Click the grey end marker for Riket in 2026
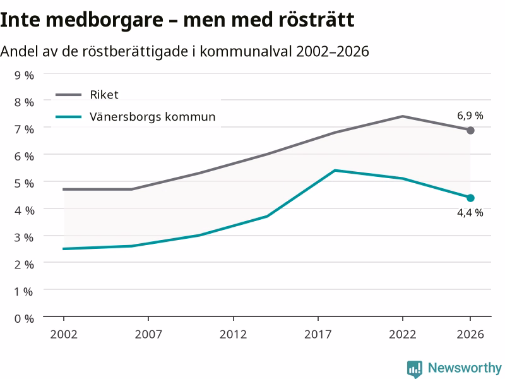(x=470, y=131)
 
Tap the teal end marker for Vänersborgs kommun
(x=470, y=198)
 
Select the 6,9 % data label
(x=470, y=116)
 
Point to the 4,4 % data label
(x=470, y=213)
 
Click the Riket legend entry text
(x=104, y=95)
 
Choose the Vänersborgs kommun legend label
(x=152, y=117)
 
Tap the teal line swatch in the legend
(x=69, y=117)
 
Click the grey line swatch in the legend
(x=69, y=95)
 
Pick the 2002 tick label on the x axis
(x=64, y=334)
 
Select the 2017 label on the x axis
(x=318, y=334)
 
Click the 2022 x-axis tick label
(x=403, y=334)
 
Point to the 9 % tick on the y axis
(x=24, y=75)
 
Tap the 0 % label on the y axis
(x=24, y=319)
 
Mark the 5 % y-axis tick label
(x=24, y=183)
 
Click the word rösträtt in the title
(x=316, y=20)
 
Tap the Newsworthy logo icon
(x=415, y=369)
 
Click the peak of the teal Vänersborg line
(x=335, y=171)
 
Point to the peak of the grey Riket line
(x=403, y=116)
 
